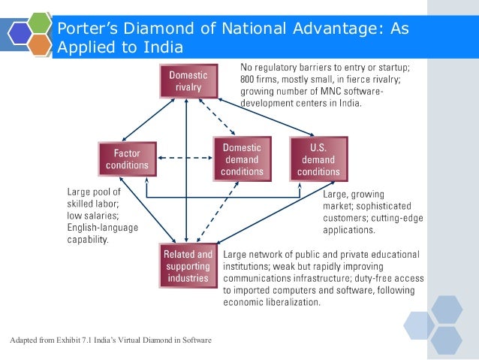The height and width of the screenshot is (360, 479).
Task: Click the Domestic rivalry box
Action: click(188, 81)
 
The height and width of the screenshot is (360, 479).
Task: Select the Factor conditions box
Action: click(127, 159)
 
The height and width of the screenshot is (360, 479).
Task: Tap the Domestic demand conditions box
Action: click(242, 159)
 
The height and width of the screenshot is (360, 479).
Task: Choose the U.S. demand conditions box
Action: click(318, 159)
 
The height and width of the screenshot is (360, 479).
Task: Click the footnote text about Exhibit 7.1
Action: click(111, 341)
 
